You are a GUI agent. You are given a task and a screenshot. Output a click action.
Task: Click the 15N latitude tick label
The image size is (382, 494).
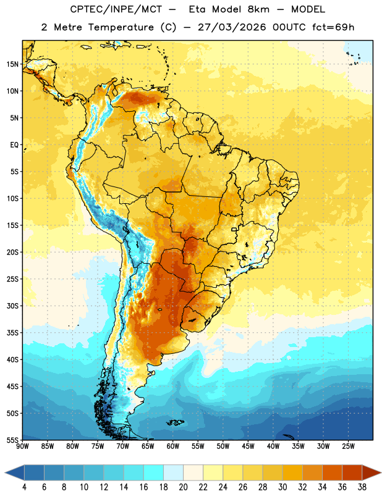(12, 64)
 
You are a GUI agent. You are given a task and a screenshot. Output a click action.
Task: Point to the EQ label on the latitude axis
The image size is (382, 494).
(14, 145)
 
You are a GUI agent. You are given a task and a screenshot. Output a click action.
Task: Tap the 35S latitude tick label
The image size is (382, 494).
(12, 333)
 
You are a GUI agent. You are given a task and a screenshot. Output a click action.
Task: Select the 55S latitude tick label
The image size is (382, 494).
(12, 440)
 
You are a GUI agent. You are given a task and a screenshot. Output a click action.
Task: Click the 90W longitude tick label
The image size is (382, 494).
(22, 446)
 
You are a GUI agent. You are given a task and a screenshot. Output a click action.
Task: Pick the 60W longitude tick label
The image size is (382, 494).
(173, 446)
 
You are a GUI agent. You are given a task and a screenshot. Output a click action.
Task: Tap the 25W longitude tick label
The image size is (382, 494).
(348, 446)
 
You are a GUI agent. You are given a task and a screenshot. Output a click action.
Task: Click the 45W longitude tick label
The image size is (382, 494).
(248, 446)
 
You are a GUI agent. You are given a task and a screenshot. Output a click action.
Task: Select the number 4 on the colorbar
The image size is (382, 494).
(24, 487)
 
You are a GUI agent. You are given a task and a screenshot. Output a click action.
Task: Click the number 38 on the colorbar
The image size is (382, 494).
(362, 487)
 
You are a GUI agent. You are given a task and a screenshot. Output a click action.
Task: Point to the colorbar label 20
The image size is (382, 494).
(183, 487)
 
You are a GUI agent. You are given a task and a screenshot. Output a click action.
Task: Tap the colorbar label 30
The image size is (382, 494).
(282, 487)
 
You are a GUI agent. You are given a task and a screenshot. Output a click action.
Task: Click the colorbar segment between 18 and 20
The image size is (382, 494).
(174, 473)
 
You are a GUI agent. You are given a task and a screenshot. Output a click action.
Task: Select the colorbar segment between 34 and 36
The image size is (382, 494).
(332, 473)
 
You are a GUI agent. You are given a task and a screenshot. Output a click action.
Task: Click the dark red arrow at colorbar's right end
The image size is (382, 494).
(371, 473)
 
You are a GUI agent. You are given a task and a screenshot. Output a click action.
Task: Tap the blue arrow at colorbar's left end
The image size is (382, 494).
(15, 473)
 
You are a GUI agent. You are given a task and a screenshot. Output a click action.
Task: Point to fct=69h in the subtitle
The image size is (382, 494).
(333, 27)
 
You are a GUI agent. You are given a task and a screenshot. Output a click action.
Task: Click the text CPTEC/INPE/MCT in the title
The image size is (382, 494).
(116, 9)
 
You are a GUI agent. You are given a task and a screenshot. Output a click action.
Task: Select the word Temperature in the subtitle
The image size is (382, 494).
(121, 27)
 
